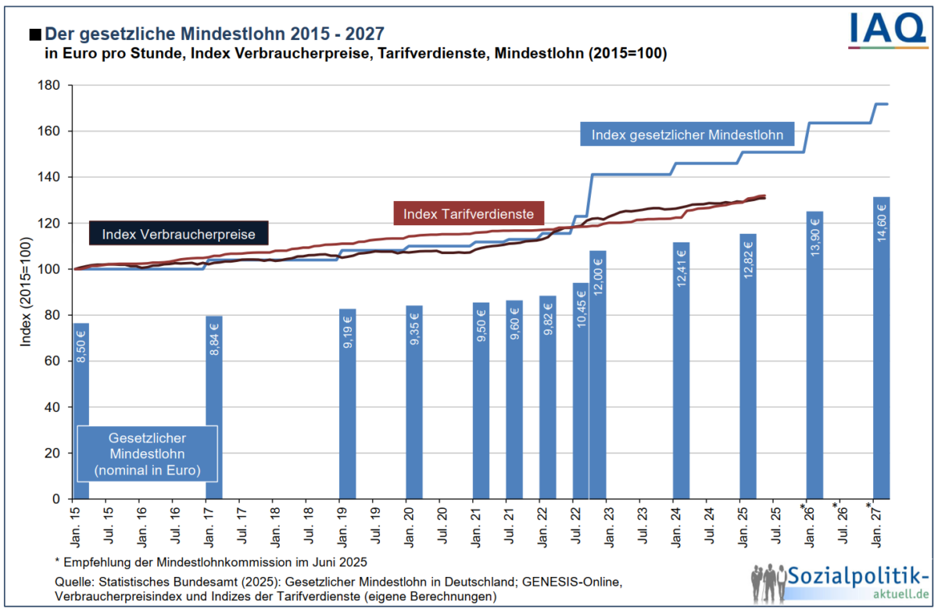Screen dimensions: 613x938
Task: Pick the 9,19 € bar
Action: (348, 403)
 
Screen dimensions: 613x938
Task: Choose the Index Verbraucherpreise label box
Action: (178, 234)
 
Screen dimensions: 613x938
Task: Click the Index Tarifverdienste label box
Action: (468, 212)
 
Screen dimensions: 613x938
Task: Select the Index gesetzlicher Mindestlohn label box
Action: (687, 134)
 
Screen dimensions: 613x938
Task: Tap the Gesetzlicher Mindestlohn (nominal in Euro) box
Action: (147, 453)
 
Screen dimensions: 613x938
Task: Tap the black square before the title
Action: (34, 34)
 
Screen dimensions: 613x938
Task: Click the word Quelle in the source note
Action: (73, 583)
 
